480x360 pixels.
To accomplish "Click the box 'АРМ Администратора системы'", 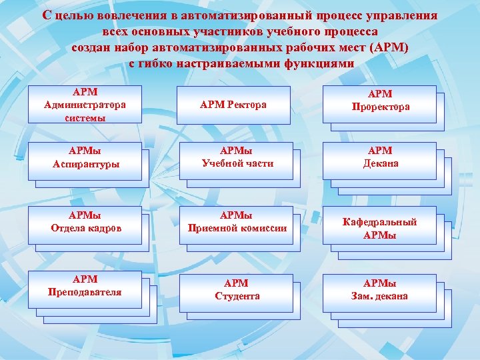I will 85,104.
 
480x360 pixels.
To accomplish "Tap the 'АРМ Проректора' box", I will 379,101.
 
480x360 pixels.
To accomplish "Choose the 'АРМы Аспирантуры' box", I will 85,158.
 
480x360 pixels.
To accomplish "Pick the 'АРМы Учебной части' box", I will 237,158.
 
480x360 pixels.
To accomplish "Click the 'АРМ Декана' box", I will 379,157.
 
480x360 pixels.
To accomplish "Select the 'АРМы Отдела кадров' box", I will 85,222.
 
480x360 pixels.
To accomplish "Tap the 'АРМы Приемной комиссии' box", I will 237,222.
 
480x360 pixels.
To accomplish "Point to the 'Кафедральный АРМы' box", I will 379,228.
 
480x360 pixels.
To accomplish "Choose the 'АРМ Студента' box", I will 237,290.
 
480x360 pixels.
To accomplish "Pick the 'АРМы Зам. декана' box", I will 379,290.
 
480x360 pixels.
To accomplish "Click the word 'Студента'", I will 237,296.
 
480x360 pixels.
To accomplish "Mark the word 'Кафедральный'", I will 379,222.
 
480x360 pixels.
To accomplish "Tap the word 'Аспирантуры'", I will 85,164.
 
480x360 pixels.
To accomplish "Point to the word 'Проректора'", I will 379,107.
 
